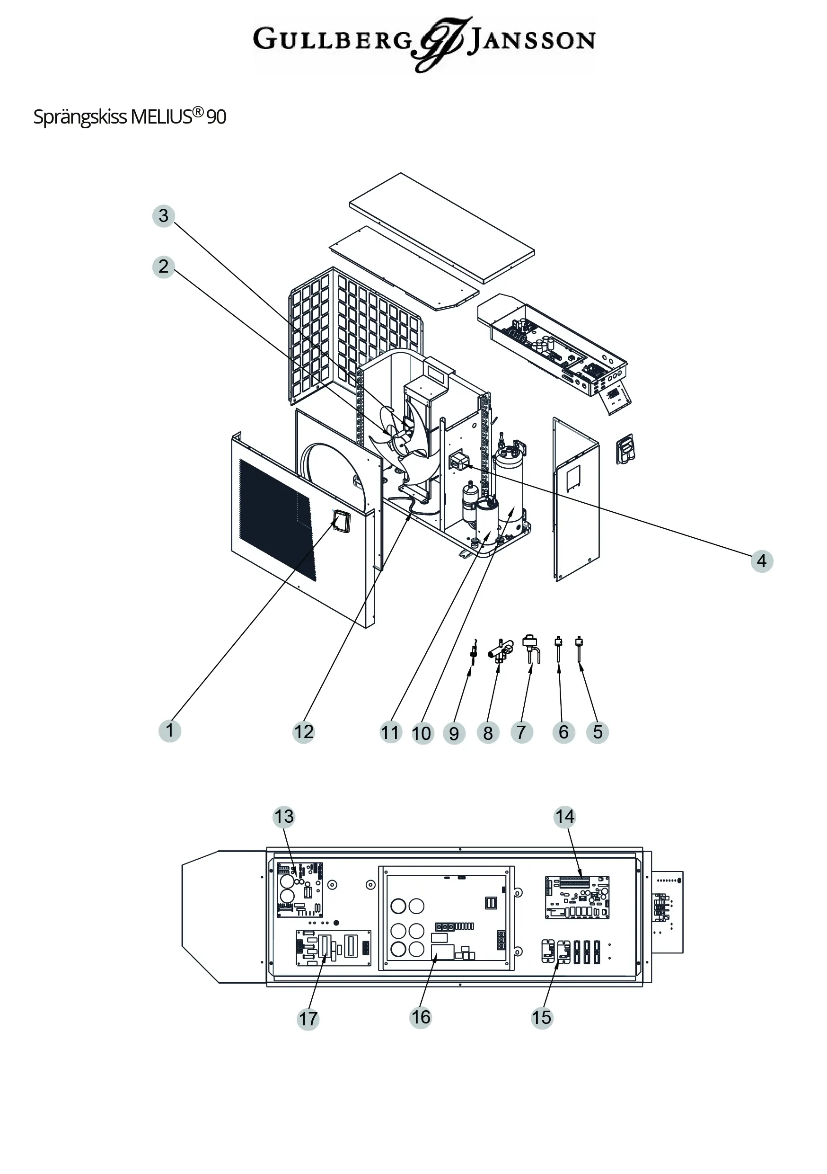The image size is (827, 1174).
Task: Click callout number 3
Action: tap(164, 216)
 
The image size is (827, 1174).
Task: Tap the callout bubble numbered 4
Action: tap(762, 561)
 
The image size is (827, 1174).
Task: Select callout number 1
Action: tap(170, 730)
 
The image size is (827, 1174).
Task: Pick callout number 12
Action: tap(304, 732)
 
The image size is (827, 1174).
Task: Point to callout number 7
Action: tap(521, 732)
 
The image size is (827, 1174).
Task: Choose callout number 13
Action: tap(284, 817)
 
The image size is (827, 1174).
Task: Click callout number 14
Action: tap(565, 817)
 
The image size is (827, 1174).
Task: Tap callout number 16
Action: tap(421, 1017)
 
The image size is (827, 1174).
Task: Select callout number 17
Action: tap(308, 1019)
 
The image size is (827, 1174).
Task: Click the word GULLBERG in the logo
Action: tap(332, 40)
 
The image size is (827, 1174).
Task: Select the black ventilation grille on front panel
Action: tap(276, 519)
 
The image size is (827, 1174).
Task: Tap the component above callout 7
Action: tap(529, 647)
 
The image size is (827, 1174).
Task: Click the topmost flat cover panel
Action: tap(442, 228)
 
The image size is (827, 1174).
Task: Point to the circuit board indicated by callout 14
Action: tap(577, 897)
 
